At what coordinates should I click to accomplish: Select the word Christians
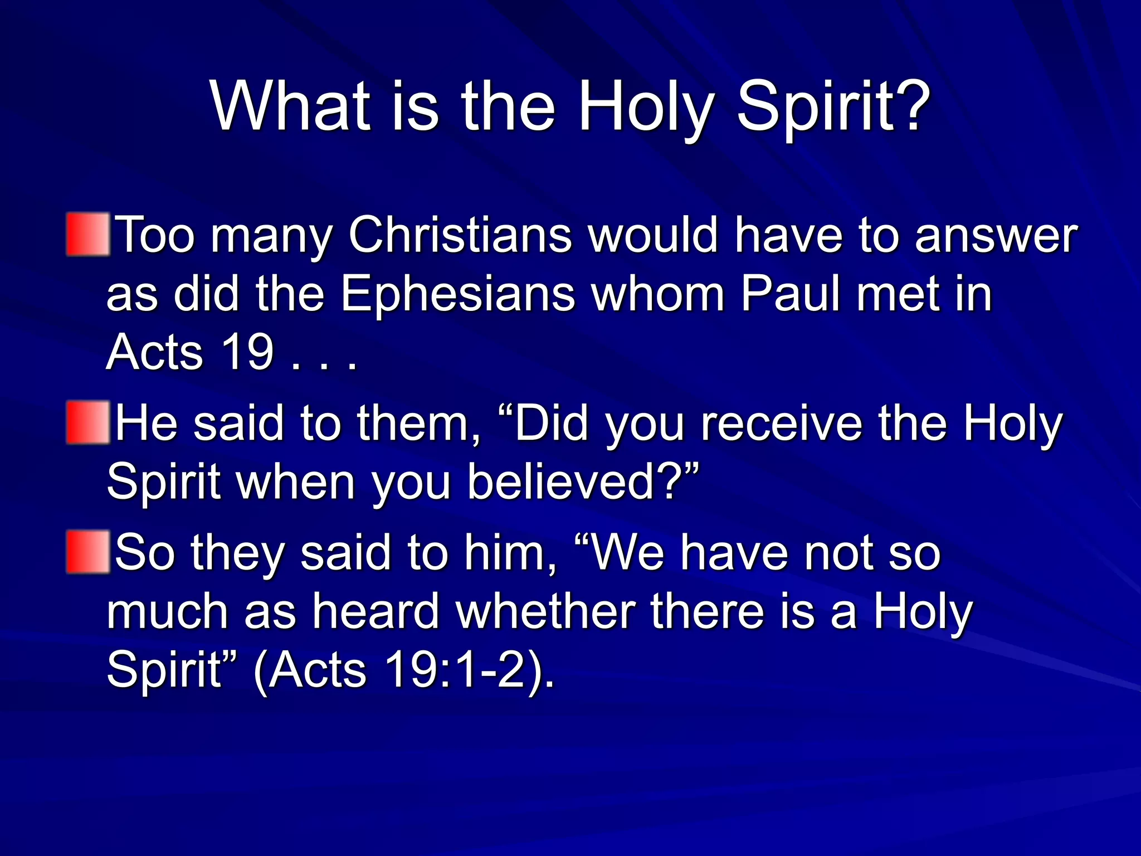pos(460,236)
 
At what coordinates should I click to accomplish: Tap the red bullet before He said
pos(87,422)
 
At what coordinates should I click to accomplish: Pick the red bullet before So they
pos(87,552)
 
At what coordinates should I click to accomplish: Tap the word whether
pos(545,612)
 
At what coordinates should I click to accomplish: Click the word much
pos(167,612)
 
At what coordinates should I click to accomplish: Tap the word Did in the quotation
pos(552,424)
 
